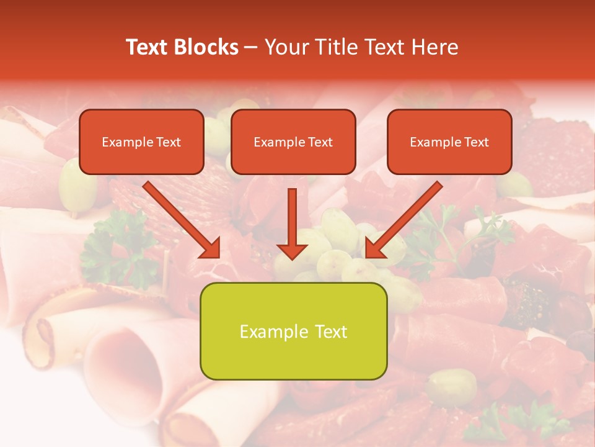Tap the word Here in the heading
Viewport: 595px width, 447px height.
pyautogui.click(x=436, y=47)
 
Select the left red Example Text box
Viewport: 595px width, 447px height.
pyautogui.click(x=141, y=142)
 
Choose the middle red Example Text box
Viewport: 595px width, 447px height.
pyautogui.click(x=293, y=142)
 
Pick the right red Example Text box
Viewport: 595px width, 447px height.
pyautogui.click(x=449, y=142)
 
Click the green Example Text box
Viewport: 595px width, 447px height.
pyautogui.click(x=293, y=331)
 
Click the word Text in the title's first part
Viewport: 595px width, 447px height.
pyautogui.click(x=146, y=47)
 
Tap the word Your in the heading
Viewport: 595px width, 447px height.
pyautogui.click(x=284, y=47)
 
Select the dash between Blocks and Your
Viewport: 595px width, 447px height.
pyautogui.click(x=251, y=47)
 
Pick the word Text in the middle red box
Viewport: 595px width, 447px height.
pyautogui.click(x=320, y=142)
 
